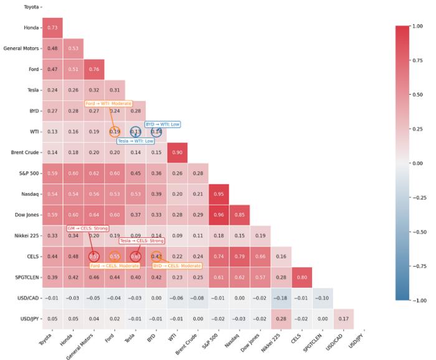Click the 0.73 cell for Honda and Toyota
click(x=52, y=27)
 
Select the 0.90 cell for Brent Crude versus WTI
click(x=177, y=152)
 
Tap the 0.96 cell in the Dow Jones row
click(x=219, y=214)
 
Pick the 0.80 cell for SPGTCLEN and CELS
click(x=302, y=277)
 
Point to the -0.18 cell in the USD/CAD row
click(x=281, y=298)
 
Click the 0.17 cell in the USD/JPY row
click(x=344, y=318)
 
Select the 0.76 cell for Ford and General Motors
click(x=94, y=69)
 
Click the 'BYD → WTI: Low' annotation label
click(x=163, y=124)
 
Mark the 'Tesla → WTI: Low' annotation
click(x=136, y=141)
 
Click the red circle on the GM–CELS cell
click(x=94, y=256)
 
